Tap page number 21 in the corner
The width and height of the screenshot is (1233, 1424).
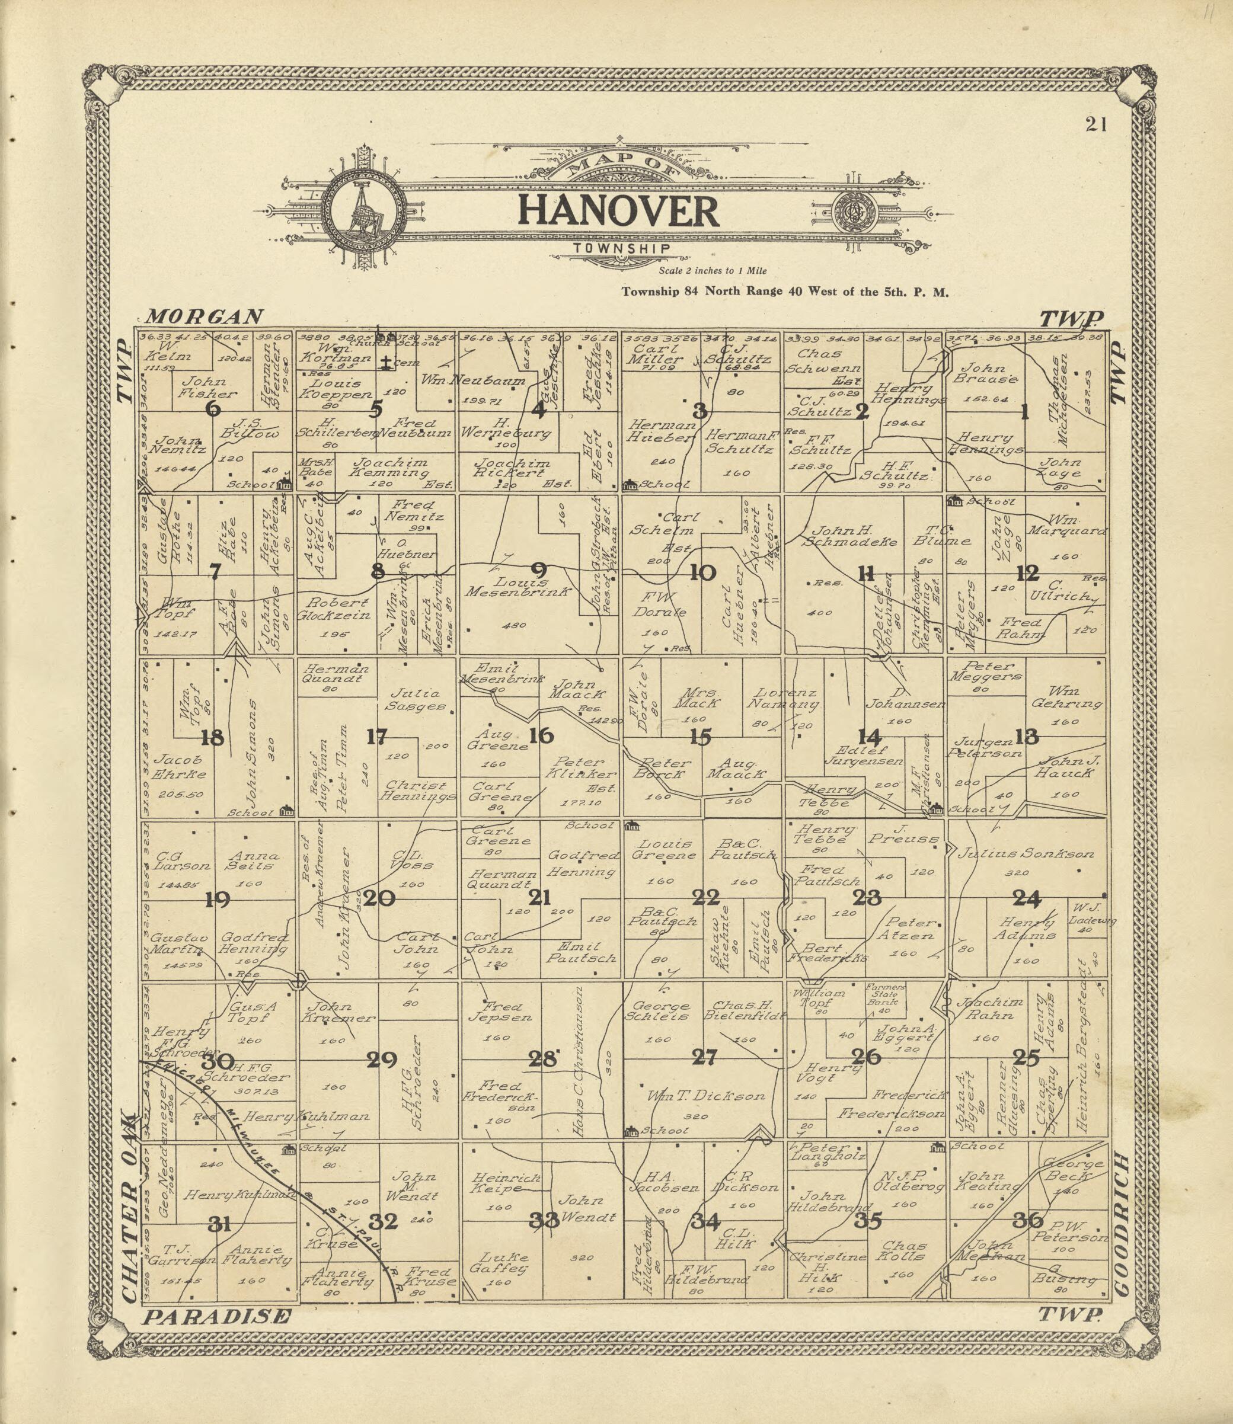(1095, 124)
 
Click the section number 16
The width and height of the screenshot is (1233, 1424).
(541, 735)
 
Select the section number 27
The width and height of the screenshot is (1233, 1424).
(704, 1057)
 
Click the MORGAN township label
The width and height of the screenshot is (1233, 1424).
(205, 316)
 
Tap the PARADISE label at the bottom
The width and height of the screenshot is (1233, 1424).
(218, 1317)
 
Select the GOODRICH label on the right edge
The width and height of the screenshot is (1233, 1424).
(1121, 1224)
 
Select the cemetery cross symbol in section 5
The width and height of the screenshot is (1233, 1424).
(387, 363)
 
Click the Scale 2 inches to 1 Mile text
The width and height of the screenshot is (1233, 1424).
(712, 271)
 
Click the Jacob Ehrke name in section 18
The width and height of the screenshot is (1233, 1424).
(180, 766)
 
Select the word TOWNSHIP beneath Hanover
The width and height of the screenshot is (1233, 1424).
(621, 248)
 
